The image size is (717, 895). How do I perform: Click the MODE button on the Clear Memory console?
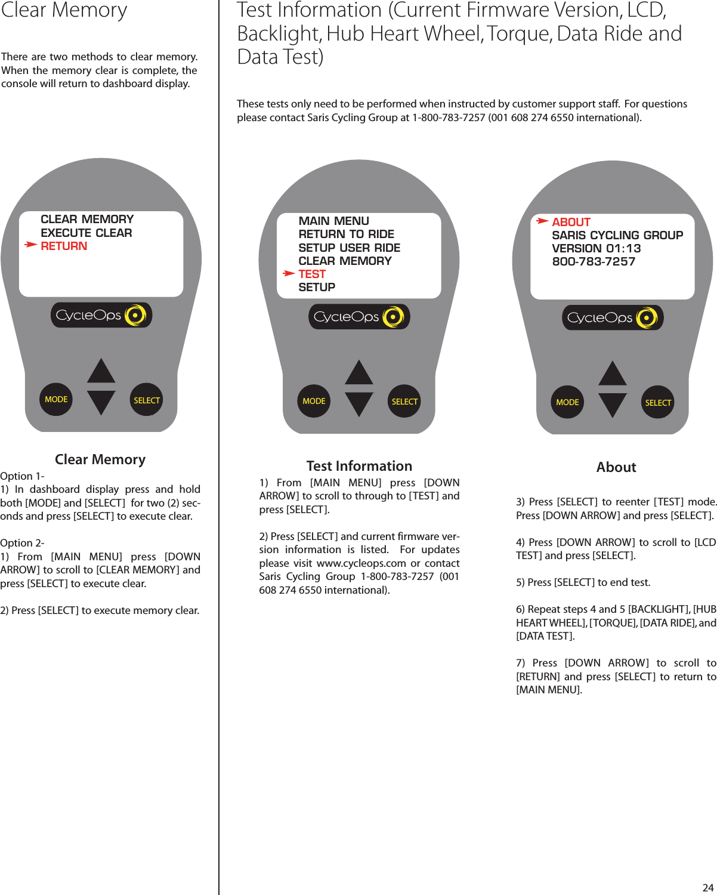(56, 399)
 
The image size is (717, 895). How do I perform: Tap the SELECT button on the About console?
(658, 403)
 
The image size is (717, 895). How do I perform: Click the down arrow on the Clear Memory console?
(101, 403)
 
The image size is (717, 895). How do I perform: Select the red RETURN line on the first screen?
(64, 246)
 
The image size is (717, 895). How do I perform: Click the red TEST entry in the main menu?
(312, 274)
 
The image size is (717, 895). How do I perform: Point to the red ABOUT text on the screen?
(571, 222)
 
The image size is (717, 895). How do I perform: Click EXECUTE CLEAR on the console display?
(86, 233)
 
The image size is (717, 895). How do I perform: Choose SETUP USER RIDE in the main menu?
(349, 248)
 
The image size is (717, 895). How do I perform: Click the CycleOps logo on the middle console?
(358, 317)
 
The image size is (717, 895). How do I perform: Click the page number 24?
(707, 887)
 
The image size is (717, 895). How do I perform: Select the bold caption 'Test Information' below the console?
(359, 466)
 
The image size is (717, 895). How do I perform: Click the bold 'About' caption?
(616, 467)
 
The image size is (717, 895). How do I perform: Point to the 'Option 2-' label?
(22, 543)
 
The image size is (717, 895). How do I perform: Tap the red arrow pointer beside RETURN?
(30, 245)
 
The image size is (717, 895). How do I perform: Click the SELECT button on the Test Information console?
(404, 402)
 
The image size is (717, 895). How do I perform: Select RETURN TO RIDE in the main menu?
(346, 234)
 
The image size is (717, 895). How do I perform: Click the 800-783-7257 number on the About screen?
(594, 261)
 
